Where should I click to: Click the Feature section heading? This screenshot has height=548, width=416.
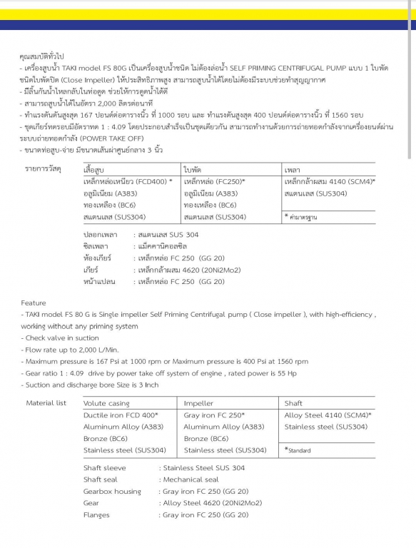pos(33,303)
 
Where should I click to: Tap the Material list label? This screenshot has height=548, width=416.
pos(46,403)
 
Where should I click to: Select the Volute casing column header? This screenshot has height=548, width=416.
pos(106,404)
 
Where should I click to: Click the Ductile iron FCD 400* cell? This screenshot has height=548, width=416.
pos(121,415)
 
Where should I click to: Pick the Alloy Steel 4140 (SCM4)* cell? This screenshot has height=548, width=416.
pos(328,415)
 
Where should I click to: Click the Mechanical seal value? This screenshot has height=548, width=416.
pos(191,479)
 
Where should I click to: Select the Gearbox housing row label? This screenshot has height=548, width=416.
pos(112,492)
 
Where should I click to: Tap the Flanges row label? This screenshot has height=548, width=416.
pos(96,514)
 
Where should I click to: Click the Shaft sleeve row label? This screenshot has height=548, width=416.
pos(104,468)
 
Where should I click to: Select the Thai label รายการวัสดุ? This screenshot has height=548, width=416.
pos(43,169)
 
